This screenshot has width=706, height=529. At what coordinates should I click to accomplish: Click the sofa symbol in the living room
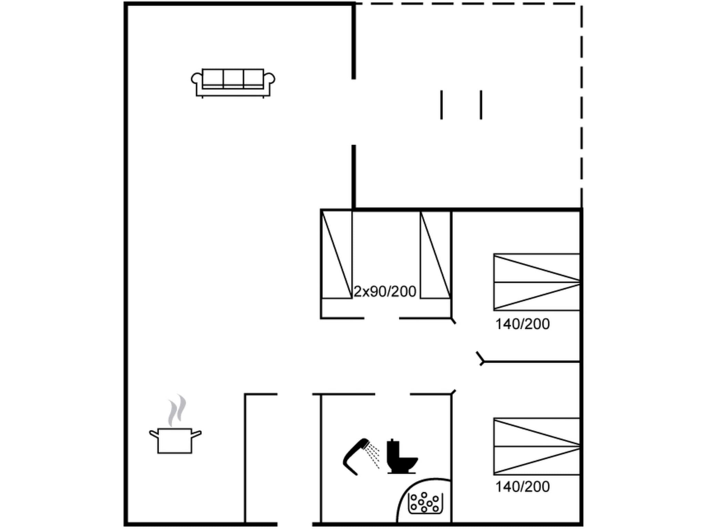tap(233, 83)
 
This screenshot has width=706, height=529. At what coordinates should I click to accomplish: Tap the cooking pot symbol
tap(175, 440)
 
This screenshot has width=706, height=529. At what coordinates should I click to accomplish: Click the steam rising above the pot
tap(177, 409)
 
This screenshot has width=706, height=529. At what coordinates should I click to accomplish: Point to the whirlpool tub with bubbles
tap(425, 503)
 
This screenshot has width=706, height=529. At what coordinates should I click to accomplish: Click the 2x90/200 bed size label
tap(385, 292)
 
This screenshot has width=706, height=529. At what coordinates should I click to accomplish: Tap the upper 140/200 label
tap(522, 324)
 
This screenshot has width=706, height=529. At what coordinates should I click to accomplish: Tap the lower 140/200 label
tap(522, 487)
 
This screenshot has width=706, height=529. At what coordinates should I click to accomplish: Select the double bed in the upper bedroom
tap(536, 282)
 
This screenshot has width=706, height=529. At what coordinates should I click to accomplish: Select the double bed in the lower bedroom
tap(536, 446)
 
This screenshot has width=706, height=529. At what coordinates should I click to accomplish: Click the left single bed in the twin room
tap(337, 255)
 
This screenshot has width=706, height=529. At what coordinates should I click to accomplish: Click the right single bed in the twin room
tap(435, 255)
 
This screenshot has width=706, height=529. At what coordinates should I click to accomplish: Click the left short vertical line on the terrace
tap(441, 105)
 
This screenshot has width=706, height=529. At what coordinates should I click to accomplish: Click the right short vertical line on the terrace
tap(481, 105)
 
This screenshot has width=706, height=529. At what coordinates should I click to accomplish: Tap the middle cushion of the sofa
tap(233, 78)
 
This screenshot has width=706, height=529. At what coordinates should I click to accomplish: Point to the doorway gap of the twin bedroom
tap(382, 318)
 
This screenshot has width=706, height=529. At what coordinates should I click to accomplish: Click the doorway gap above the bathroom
tap(392, 394)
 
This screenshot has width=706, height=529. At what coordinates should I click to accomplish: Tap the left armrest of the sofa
tap(196, 79)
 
